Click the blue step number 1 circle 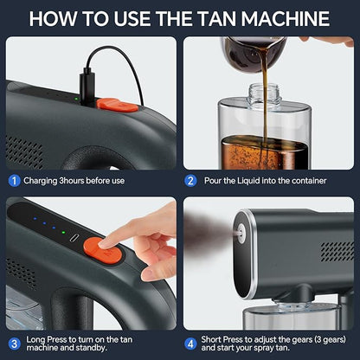click(x=15, y=180)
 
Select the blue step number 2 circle click(x=190, y=180)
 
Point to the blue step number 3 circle click(x=15, y=343)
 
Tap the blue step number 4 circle click(x=190, y=343)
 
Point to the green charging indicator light click(x=75, y=98)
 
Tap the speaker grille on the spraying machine click(x=336, y=252)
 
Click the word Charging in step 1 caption click(x=42, y=180)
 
